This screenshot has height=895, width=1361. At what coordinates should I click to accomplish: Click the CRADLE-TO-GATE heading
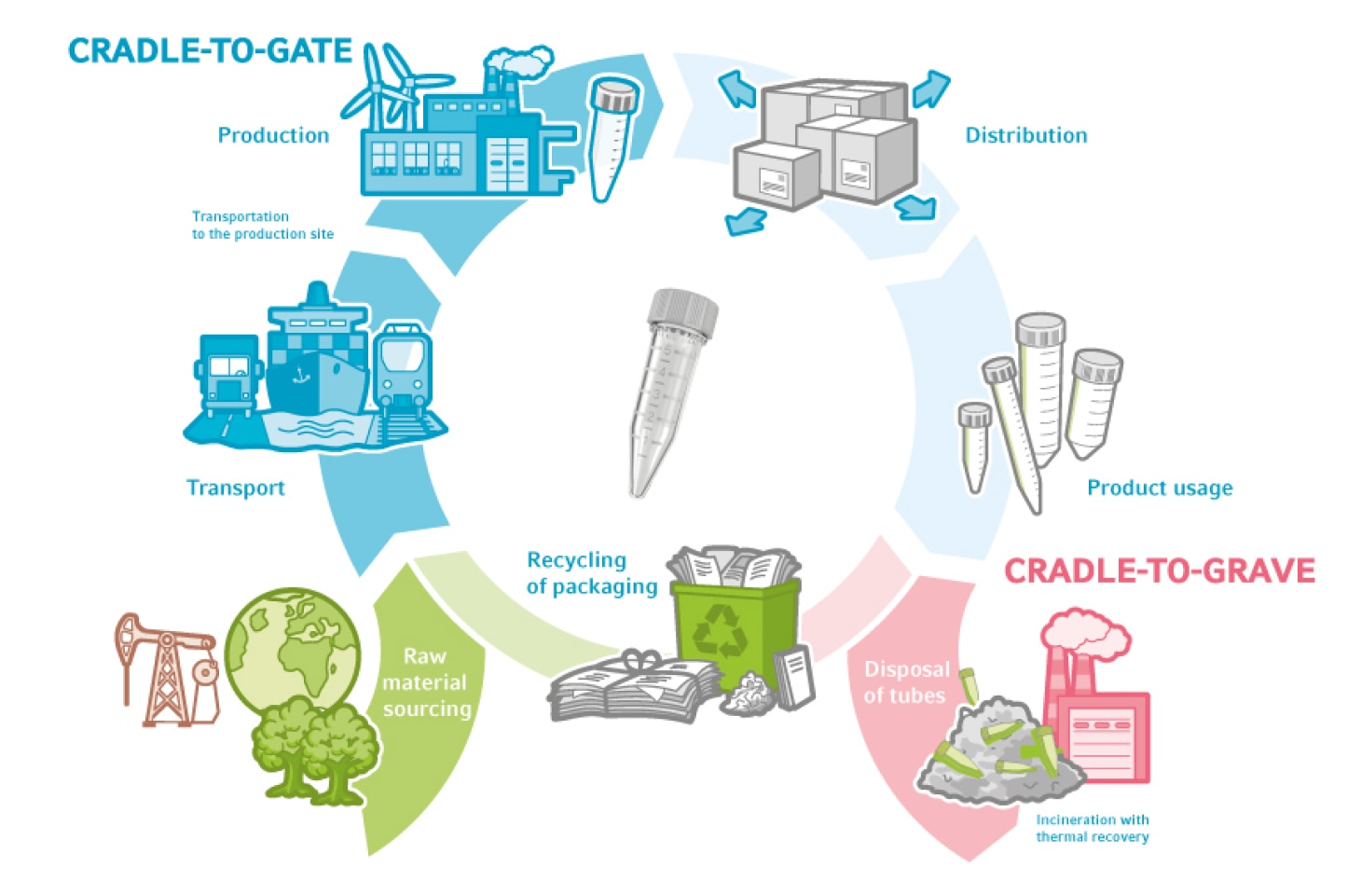[210, 51]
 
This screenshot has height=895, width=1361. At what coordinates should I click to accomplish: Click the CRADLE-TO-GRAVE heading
[1159, 571]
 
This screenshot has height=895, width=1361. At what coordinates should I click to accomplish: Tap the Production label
[273, 135]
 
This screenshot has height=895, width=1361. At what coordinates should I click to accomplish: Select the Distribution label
[1025, 135]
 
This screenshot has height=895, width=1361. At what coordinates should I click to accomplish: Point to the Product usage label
[1160, 488]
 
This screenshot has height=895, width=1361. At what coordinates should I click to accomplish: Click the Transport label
[235, 488]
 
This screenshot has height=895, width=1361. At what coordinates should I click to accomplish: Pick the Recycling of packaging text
[591, 572]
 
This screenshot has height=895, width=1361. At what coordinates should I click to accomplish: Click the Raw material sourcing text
[426, 682]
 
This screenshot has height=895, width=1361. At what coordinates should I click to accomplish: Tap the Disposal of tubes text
[905, 682]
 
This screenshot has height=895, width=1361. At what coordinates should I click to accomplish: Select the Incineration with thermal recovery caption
[1092, 828]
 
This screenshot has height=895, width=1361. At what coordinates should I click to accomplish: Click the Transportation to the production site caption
[262, 225]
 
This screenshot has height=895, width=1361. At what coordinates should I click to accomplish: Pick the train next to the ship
[403, 369]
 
